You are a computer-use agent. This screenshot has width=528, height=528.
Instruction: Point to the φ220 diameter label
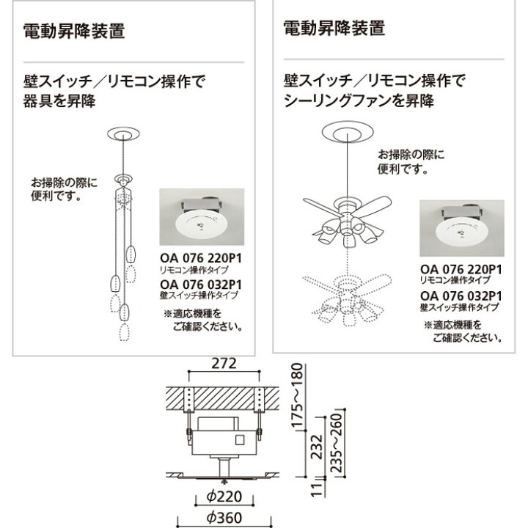coord(224,496)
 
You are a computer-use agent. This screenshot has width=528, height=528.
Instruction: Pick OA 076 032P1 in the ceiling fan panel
coord(461,296)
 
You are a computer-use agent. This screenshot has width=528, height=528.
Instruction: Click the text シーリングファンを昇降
coord(352,98)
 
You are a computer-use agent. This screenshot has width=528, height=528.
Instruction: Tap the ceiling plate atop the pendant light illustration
coord(124,134)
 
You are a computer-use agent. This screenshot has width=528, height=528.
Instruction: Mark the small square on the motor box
coord(240,442)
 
